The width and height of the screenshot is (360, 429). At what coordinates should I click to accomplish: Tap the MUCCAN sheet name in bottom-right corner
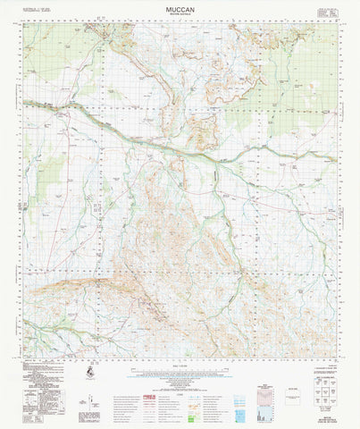[331, 414]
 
